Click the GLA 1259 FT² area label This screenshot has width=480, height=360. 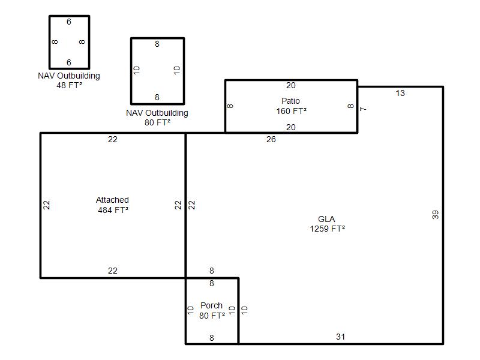(x=327, y=224)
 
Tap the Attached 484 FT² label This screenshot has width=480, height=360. (x=113, y=205)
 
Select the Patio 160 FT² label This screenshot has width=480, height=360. (x=291, y=106)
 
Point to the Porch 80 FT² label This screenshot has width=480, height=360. (x=212, y=310)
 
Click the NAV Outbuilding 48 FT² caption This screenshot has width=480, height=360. (x=69, y=80)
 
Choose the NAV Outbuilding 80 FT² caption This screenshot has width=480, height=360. (x=157, y=118)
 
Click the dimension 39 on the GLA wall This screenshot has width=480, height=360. (x=436, y=215)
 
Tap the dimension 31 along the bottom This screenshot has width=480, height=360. (x=340, y=337)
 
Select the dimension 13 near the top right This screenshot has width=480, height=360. (x=400, y=93)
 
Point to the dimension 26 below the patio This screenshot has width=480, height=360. (x=271, y=139)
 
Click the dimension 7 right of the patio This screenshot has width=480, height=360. (x=363, y=109)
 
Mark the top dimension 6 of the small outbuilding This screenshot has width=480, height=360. (x=69, y=22)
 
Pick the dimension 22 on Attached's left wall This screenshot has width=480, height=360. (x=46, y=205)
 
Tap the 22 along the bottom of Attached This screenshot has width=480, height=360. (x=113, y=271)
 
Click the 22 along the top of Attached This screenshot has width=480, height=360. (x=113, y=139)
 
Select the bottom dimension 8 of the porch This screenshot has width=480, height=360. (x=212, y=338)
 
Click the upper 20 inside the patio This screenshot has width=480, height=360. (x=291, y=85)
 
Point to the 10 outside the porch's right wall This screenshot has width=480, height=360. (x=244, y=310)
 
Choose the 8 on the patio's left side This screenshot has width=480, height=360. (x=230, y=106)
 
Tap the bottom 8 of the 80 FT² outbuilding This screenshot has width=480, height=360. (x=157, y=97)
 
